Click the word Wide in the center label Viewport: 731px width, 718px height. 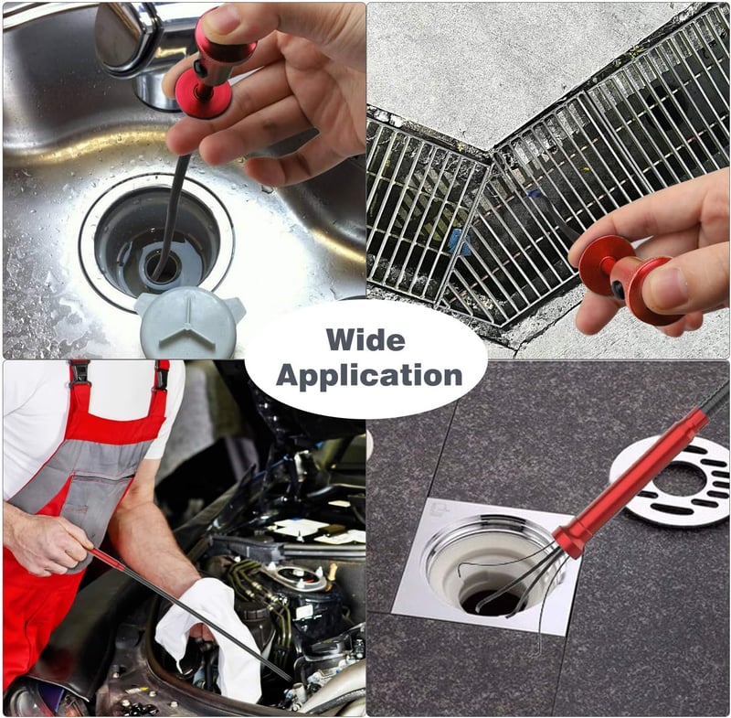pyautogui.click(x=365, y=339)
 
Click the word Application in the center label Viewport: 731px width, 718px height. pyautogui.click(x=369, y=376)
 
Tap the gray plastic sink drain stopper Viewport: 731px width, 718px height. pyautogui.click(x=189, y=322)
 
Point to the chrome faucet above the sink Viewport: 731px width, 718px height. pyautogui.click(x=135, y=47)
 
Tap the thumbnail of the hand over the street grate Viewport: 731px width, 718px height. pyautogui.click(x=669, y=285)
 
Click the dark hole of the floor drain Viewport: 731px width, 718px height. pyautogui.click(x=494, y=601)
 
